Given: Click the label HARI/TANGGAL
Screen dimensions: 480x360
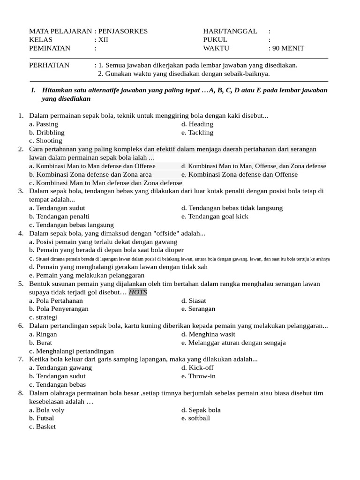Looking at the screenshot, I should pos(230,31).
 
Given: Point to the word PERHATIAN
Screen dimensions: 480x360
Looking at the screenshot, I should pos(49,65).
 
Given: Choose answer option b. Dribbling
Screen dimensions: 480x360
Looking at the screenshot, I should pos(47,133).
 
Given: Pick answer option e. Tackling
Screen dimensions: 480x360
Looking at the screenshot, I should pos(197,133).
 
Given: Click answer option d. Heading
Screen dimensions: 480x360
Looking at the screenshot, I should pos(197,124).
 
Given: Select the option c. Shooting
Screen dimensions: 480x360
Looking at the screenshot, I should pos(45,141).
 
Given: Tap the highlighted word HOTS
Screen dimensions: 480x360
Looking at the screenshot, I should pos(138,292).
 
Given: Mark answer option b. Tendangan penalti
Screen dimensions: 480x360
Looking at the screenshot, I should pos(59,217).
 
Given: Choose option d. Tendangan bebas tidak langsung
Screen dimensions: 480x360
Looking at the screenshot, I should pos(232,208).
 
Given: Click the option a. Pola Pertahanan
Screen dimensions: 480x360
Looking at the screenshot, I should pos(56,300).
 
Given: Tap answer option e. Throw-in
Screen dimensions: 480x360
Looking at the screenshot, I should pos(198,376).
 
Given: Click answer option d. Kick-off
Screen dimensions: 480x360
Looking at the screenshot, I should pos(197,367).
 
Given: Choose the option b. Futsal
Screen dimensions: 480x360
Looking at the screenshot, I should pos(41,418).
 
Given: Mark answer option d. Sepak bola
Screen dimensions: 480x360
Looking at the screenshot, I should pos(201,410).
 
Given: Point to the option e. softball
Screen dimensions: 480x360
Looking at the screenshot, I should pos(195,418).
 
